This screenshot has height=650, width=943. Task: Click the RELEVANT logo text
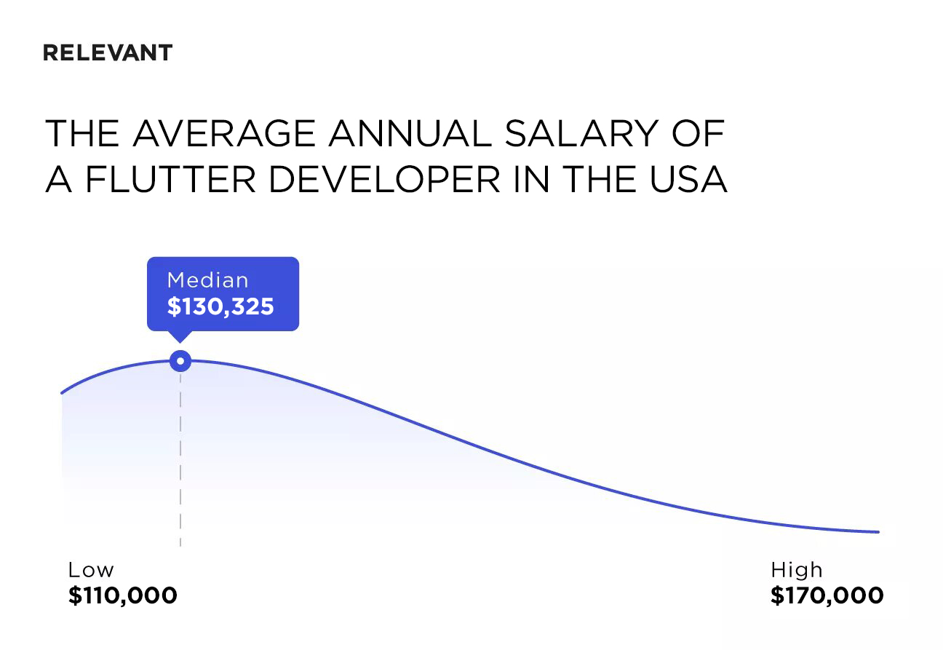[108, 53]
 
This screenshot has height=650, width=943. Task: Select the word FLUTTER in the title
[171, 179]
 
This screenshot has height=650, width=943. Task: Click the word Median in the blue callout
[207, 280]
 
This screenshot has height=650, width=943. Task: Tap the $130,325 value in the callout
[220, 306]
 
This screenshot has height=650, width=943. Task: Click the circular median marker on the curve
[180, 361]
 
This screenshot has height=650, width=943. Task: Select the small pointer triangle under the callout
[180, 336]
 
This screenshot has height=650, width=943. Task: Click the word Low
[91, 570]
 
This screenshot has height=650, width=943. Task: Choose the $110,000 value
[123, 596]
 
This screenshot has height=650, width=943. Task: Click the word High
[796, 570]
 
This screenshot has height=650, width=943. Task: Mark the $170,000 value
[827, 596]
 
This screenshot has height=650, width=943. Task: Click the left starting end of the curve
[63, 393]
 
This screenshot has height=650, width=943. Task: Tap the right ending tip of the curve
[878, 532]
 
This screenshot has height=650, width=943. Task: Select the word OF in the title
[702, 134]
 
